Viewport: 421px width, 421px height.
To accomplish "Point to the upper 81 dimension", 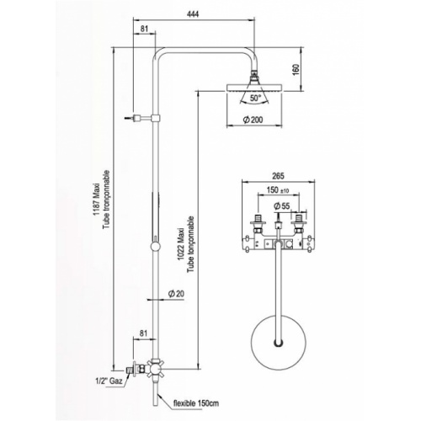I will coord(144,30).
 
